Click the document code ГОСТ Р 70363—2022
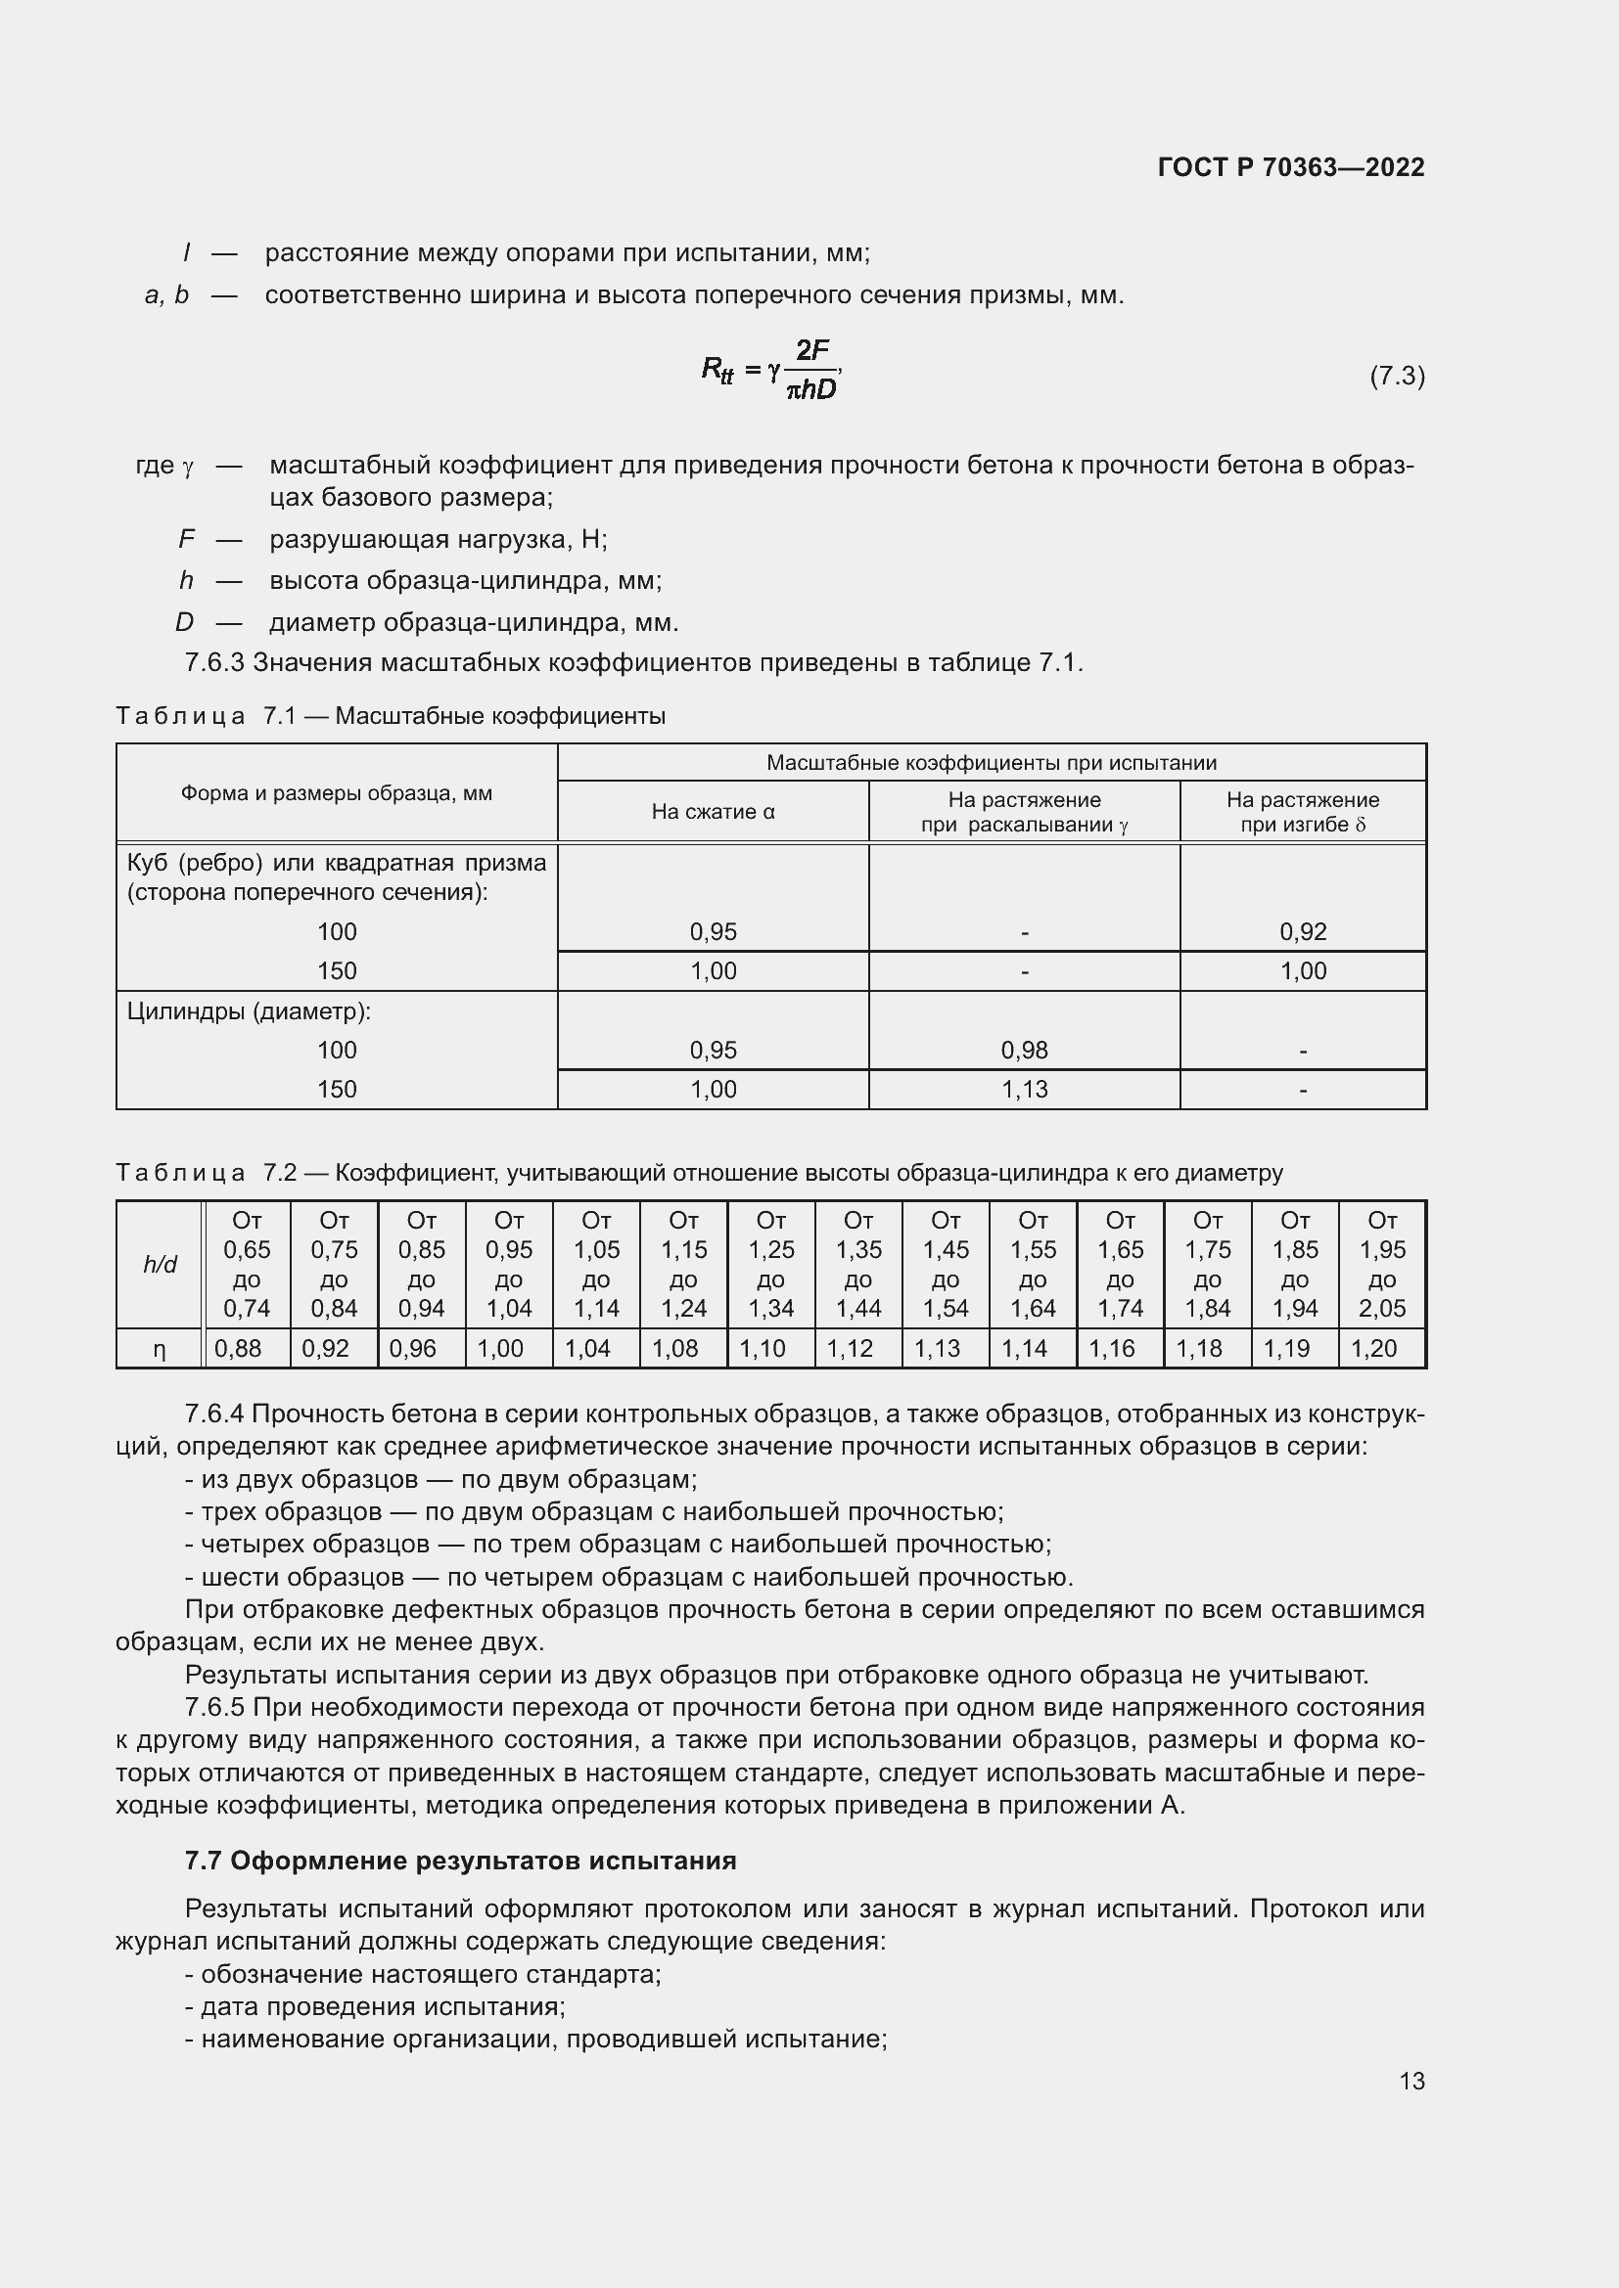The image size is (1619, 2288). point(1291,167)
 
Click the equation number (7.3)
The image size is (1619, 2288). point(1397,376)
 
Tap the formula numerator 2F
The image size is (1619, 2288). point(812,350)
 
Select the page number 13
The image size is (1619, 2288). point(1411,2081)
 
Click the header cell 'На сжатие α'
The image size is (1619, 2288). point(713,811)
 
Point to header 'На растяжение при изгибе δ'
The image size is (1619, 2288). point(1302,811)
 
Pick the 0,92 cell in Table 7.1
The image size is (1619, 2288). point(1302,932)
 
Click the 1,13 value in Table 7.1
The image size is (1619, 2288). point(1024,1089)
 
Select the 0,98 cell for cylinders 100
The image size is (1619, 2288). point(1024,1050)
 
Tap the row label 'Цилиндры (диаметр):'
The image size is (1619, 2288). point(250,1011)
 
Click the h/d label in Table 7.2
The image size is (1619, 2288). point(160,1264)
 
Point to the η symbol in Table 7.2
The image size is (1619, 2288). point(160,1348)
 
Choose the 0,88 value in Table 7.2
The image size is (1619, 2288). point(238,1348)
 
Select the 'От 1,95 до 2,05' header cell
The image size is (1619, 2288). point(1382,1264)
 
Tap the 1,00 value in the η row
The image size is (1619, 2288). point(500,1348)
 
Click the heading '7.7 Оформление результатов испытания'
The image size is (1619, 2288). point(461,1861)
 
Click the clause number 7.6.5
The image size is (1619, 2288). point(214,1707)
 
